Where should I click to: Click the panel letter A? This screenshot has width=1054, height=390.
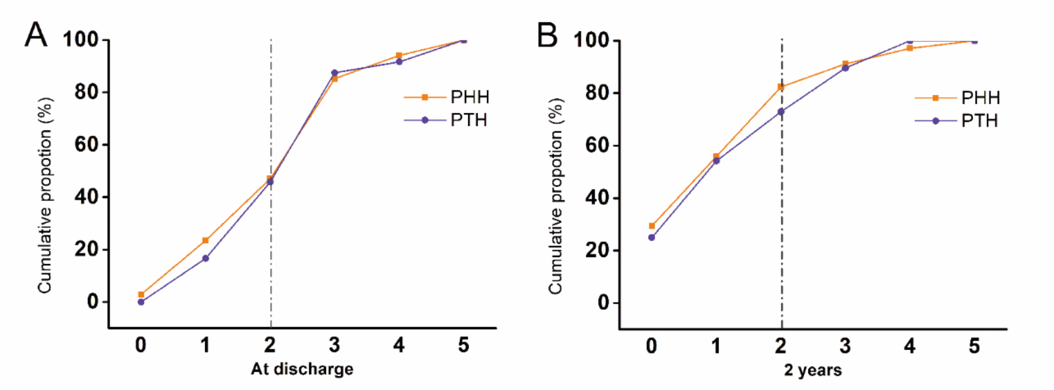[x=36, y=35]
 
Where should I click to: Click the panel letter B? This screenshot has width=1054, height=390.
[x=547, y=35]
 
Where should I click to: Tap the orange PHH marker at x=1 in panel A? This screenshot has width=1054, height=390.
[x=205, y=241]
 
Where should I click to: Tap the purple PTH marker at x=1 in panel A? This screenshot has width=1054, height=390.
[x=205, y=258]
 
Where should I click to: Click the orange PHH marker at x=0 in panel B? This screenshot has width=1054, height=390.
[x=652, y=226]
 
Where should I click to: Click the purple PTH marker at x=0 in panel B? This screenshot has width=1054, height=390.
[x=651, y=237]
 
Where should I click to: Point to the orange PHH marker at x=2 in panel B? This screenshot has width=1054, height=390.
[x=781, y=87]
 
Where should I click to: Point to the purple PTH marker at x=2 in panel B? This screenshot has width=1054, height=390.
[x=781, y=112]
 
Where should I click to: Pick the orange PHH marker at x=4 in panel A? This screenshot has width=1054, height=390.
[x=399, y=55]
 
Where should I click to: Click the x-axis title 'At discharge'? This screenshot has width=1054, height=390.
[x=302, y=369]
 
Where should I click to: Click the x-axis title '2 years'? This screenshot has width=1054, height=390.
[x=813, y=370]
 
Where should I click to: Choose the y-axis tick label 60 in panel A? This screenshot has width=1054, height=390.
[x=87, y=144]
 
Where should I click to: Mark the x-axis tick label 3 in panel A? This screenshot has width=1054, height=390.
[x=334, y=345]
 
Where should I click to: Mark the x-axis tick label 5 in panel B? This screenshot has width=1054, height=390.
[x=974, y=346]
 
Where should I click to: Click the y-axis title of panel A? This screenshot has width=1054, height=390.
[x=45, y=196]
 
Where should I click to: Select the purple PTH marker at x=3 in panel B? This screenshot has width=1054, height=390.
[x=845, y=68]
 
